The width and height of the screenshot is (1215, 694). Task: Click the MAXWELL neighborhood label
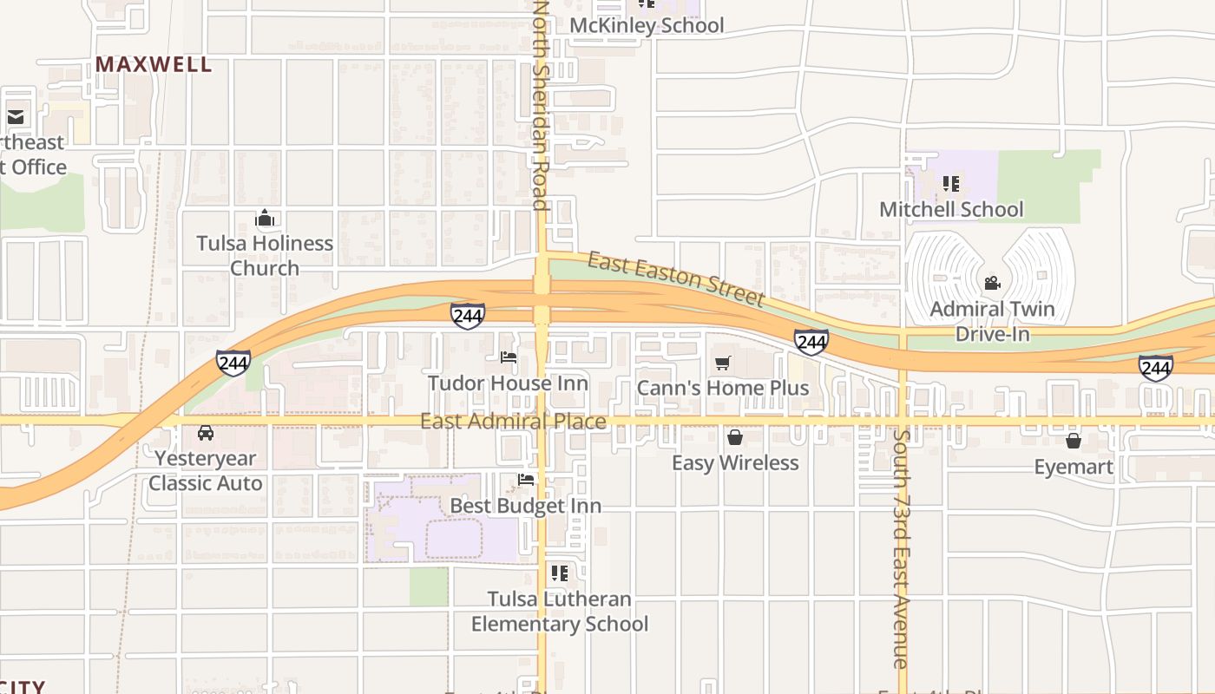(154, 64)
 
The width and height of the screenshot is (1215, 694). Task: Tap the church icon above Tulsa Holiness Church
(265, 219)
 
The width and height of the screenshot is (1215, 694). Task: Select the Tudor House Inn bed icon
(509, 357)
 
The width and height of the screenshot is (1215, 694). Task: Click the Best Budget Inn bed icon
(526, 479)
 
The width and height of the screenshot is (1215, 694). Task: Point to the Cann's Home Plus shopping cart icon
(723, 362)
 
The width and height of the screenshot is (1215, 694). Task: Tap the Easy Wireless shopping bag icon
(735, 437)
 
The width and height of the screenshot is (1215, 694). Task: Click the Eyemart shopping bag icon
(1074, 441)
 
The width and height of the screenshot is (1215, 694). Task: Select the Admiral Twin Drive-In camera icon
(992, 283)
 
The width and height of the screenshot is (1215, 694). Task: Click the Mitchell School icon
(951, 183)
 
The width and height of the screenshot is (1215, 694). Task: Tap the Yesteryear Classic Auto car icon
(206, 433)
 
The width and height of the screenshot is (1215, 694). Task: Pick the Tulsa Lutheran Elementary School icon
(560, 573)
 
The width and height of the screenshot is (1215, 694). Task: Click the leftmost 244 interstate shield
(233, 362)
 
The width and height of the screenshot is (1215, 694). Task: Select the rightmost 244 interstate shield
(1155, 368)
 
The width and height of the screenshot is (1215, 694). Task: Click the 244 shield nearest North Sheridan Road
(467, 316)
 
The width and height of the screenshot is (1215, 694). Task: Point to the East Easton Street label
(676, 278)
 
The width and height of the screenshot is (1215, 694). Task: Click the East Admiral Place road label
(513, 422)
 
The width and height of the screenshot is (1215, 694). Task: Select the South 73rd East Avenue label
(901, 547)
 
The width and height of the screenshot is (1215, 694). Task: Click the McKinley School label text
(647, 25)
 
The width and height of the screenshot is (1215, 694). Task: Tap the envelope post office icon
(16, 116)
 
